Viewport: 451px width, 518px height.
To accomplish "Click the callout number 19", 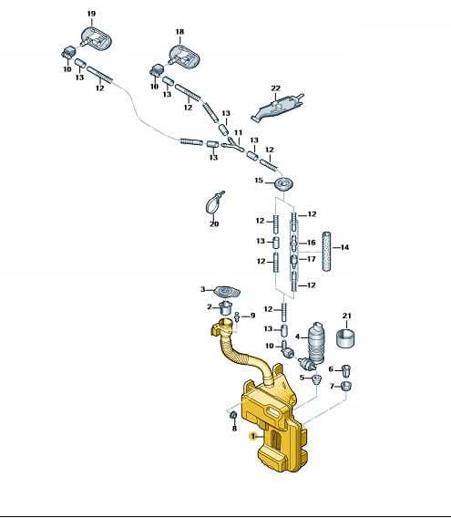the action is pyautogui.click(x=91, y=14).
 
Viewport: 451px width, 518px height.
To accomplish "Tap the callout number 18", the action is pyautogui.click(x=179, y=32).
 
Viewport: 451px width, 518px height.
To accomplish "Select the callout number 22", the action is pyautogui.click(x=276, y=88).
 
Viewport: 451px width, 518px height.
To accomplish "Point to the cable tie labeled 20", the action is pyautogui.click(x=213, y=202).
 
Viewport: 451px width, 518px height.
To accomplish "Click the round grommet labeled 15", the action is pyautogui.click(x=284, y=183).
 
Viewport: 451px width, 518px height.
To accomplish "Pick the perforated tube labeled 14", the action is pyautogui.click(x=326, y=252).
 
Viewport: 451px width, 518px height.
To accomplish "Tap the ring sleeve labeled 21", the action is pyautogui.click(x=345, y=338).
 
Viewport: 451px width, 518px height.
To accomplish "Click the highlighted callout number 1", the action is pyautogui.click(x=253, y=437).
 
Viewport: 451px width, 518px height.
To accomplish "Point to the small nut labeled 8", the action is pyautogui.click(x=233, y=415).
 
